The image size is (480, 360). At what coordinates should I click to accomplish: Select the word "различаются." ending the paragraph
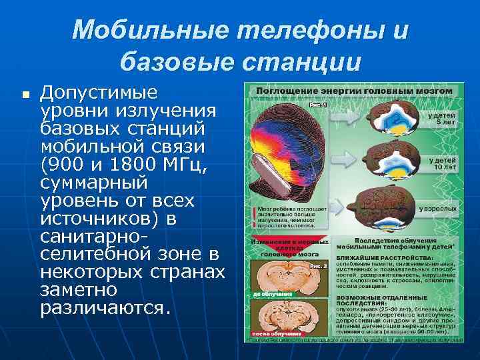tap(105, 309)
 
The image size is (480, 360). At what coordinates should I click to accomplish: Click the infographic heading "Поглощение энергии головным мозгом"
tap(351, 89)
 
